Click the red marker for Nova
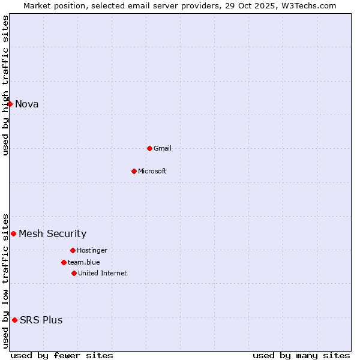pos(10,104)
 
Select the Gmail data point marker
pos(149,148)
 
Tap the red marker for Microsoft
pos(134,171)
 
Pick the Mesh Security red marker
pos(13,233)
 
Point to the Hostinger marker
pos(73,250)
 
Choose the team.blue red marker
pos(64,262)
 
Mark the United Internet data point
pos(74,273)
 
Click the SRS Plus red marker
pos(14,320)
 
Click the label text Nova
pos(27,104)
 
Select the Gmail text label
pos(163,148)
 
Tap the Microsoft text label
pos(152,171)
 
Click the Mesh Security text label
pos(53,233)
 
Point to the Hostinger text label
pos(92,250)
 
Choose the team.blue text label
pos(84,262)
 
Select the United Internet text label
pos(103,273)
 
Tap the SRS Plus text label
pos(41,320)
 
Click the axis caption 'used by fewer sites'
pos(62,355)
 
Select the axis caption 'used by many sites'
pos(301,355)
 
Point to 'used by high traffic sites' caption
pos(5,85)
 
